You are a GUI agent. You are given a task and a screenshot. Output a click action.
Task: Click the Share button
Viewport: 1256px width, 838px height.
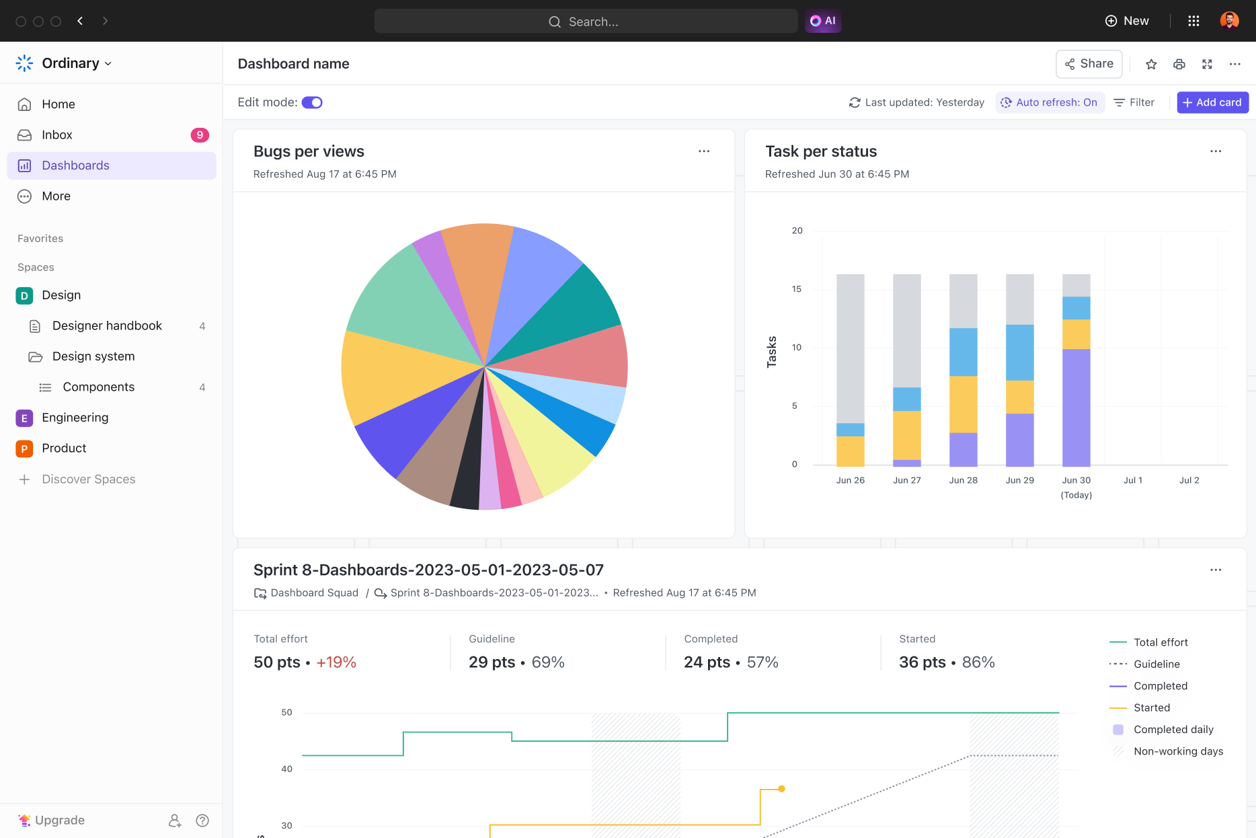point(1089,64)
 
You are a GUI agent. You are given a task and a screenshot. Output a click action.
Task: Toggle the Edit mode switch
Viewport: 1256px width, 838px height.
point(312,102)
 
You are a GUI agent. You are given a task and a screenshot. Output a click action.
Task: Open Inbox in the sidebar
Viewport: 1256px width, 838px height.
point(57,135)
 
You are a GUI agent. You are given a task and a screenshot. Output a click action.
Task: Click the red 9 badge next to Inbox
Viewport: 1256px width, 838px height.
point(200,135)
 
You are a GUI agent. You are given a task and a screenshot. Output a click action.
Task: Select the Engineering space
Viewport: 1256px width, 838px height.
point(75,418)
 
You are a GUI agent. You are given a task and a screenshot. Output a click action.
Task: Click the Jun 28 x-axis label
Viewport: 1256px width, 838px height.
point(963,480)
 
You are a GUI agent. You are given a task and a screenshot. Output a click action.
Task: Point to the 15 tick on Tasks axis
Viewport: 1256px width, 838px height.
point(797,289)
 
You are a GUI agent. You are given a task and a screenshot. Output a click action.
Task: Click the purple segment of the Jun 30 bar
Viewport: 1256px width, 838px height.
point(1076,407)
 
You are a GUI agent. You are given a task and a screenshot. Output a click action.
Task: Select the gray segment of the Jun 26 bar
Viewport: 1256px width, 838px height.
point(850,346)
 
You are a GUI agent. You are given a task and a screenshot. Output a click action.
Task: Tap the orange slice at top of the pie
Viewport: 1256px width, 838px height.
point(476,269)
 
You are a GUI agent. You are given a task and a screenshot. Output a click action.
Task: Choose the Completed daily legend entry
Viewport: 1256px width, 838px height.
point(1173,730)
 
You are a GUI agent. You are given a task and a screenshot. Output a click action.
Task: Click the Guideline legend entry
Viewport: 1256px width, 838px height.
point(1156,664)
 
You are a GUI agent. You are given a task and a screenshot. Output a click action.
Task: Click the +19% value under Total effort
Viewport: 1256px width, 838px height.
point(336,662)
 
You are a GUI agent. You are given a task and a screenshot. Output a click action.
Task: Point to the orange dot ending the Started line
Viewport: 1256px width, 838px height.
point(781,789)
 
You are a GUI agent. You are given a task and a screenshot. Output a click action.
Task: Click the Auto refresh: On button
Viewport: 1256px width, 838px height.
point(1050,102)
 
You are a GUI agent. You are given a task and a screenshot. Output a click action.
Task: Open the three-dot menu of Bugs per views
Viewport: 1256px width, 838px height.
point(704,151)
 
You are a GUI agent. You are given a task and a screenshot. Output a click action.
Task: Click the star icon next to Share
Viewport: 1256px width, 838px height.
point(1151,64)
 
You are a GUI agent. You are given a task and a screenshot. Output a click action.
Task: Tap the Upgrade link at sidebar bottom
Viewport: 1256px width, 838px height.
point(59,821)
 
